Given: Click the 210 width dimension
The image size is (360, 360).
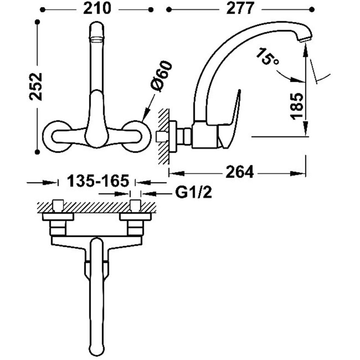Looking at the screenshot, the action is (x=97, y=9).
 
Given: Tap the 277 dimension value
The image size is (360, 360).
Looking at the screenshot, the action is (x=240, y=9).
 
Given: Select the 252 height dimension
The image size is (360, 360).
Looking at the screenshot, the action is (x=36, y=86).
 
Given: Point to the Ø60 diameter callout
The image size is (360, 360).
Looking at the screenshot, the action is (x=162, y=76).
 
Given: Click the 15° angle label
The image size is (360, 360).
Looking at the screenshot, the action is (x=267, y=57).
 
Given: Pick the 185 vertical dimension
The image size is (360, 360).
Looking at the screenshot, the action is (x=297, y=107).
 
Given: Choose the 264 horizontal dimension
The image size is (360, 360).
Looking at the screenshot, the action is (x=240, y=171).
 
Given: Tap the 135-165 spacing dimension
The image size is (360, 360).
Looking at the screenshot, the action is (x=98, y=181).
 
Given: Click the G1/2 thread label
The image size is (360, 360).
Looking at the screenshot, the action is (x=193, y=193).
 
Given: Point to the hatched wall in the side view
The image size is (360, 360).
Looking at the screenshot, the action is (x=163, y=136).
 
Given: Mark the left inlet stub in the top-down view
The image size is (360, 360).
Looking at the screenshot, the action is (x=58, y=205).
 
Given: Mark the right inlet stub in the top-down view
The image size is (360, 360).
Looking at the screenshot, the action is (x=135, y=205).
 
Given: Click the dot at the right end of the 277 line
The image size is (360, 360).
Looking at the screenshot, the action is (x=312, y=9).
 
